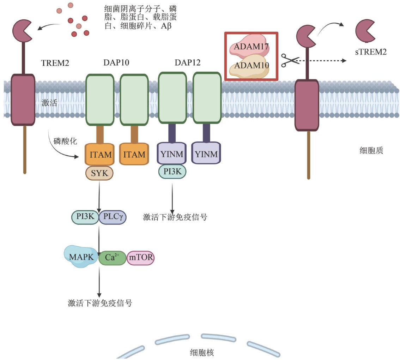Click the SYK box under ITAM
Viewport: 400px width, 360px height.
click(x=99, y=173)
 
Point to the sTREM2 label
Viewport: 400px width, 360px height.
click(x=371, y=52)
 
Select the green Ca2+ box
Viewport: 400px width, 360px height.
click(x=112, y=258)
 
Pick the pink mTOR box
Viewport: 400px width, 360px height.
click(x=140, y=258)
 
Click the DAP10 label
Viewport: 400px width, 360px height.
click(x=116, y=63)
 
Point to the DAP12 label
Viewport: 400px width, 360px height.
click(x=188, y=63)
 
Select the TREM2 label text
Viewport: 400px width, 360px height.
click(x=55, y=63)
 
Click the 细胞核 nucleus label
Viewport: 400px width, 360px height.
click(x=202, y=352)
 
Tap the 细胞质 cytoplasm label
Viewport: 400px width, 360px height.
click(x=371, y=151)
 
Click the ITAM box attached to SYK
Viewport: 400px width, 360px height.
click(x=99, y=154)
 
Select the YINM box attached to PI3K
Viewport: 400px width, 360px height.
click(x=172, y=154)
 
